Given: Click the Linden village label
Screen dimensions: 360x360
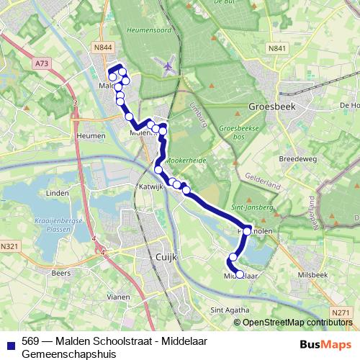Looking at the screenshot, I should (x=57, y=194).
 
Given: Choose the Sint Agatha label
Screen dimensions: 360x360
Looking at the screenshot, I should (x=226, y=310).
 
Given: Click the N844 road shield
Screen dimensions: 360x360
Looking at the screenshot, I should (x=102, y=48).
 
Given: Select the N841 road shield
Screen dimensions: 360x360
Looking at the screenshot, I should (x=276, y=48).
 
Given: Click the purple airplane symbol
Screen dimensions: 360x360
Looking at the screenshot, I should (x=168, y=67).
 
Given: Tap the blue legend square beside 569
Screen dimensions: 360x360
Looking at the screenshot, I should (x=9, y=343).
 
